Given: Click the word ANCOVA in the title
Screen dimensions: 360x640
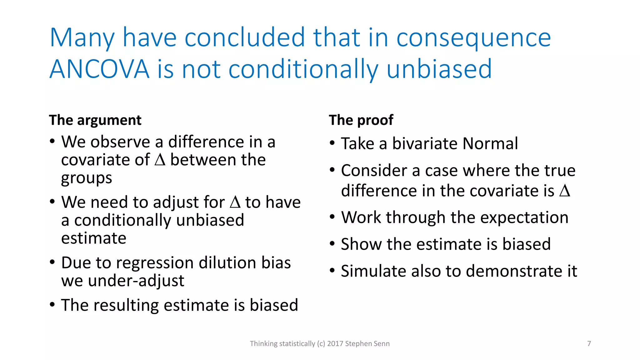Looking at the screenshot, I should (x=99, y=69).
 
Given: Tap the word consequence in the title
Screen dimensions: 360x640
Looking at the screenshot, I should (x=473, y=38).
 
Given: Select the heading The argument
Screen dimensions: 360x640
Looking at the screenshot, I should (x=95, y=120).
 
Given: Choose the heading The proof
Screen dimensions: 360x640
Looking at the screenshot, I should (x=361, y=120).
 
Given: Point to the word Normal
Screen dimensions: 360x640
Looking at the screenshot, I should (x=490, y=144).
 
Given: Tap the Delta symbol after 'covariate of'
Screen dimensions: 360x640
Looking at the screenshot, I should (x=160, y=160).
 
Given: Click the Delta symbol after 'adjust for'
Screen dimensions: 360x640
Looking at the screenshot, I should (x=235, y=202).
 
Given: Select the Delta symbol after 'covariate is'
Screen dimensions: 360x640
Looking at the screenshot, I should (x=565, y=191).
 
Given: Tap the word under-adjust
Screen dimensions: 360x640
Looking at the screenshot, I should (x=136, y=281).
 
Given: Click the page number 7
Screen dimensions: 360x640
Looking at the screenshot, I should (x=589, y=344).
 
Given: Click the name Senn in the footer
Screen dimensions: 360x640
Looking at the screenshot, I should (x=381, y=344).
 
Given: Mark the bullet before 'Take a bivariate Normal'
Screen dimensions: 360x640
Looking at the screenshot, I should (x=332, y=144).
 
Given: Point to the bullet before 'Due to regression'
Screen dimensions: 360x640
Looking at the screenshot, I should (x=52, y=262).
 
